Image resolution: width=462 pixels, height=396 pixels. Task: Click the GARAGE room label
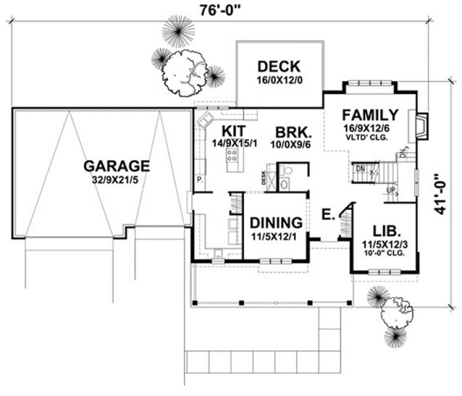(116, 165)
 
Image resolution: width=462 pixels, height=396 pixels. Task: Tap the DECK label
(279, 66)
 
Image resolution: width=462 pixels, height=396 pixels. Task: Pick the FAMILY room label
(370, 115)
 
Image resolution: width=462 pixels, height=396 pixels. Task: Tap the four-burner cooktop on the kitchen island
(232, 156)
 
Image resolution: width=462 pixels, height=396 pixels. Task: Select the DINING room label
(276, 223)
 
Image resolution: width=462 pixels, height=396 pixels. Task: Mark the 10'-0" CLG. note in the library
(385, 253)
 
